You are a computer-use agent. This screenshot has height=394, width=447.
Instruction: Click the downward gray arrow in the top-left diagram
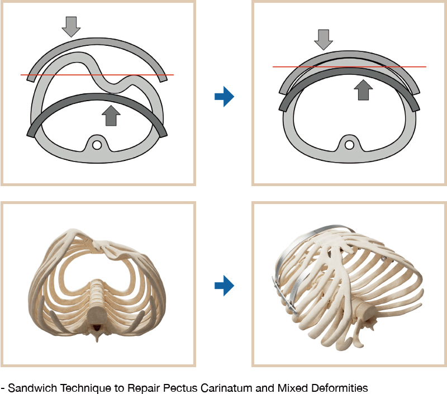[72, 27]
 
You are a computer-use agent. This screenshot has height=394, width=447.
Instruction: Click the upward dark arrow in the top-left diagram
[111, 116]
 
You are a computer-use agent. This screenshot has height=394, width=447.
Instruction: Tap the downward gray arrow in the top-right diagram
[324, 40]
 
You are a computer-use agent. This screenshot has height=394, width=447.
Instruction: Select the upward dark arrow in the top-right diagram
[363, 90]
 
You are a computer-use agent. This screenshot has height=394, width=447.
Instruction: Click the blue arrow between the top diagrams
[225, 96]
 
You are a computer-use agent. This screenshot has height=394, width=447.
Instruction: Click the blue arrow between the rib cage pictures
[225, 286]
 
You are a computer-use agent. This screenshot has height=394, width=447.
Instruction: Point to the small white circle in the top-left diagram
[97, 145]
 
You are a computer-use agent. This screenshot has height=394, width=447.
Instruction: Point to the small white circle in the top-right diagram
[349, 145]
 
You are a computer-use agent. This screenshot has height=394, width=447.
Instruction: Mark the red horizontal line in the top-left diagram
[97, 75]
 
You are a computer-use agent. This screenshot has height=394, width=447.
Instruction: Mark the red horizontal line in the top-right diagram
[350, 67]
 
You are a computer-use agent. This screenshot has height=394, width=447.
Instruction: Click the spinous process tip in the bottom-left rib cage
[97, 340]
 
